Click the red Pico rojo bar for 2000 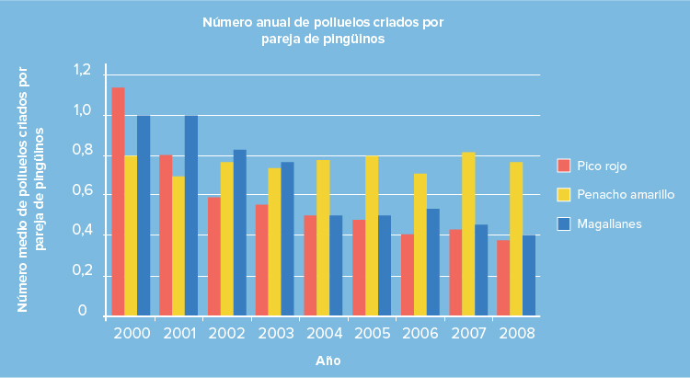[118, 202]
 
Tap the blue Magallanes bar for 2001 [190, 216]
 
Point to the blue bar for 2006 [432, 263]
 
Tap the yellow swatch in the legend [564, 195]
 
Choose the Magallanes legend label [609, 223]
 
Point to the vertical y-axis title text [30, 189]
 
